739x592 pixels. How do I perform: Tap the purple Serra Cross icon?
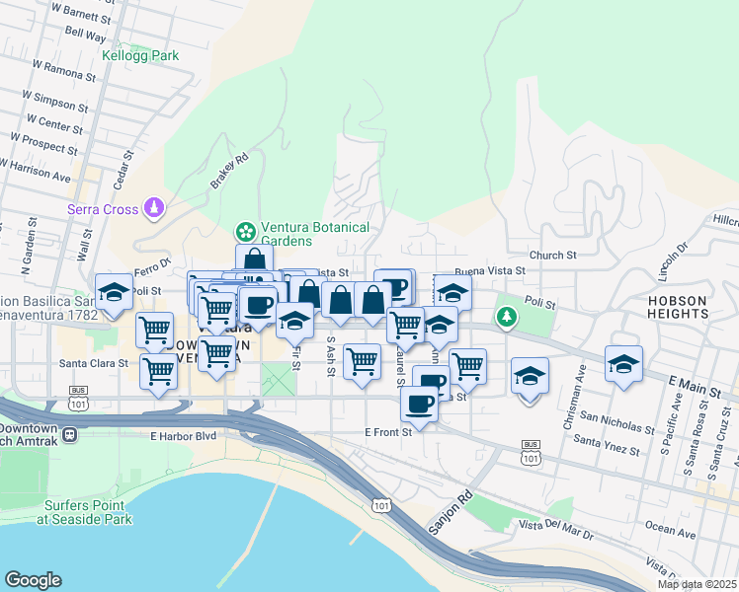[x=153, y=208]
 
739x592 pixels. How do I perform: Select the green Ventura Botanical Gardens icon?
[x=243, y=233]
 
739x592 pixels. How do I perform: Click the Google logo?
[x=33, y=580]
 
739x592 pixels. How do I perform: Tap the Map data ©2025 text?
[x=698, y=584]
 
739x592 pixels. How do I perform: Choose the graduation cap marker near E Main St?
[x=623, y=365]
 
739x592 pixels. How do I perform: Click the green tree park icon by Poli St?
[x=507, y=317]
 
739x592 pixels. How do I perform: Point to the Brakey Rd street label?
[x=227, y=171]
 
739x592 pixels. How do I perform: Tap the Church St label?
[x=552, y=255]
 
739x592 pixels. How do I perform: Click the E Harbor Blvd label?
[x=183, y=436]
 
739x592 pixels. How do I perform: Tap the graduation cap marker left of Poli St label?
[x=115, y=293]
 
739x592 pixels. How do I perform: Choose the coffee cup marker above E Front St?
[x=419, y=404]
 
